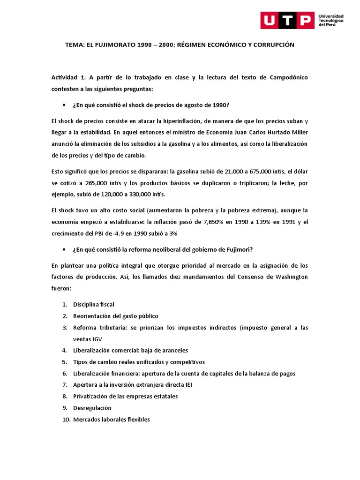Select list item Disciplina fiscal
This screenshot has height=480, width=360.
(94, 304)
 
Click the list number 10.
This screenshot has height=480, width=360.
(66, 420)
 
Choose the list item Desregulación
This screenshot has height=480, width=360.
(92, 408)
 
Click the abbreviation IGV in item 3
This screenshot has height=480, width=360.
(97, 339)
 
